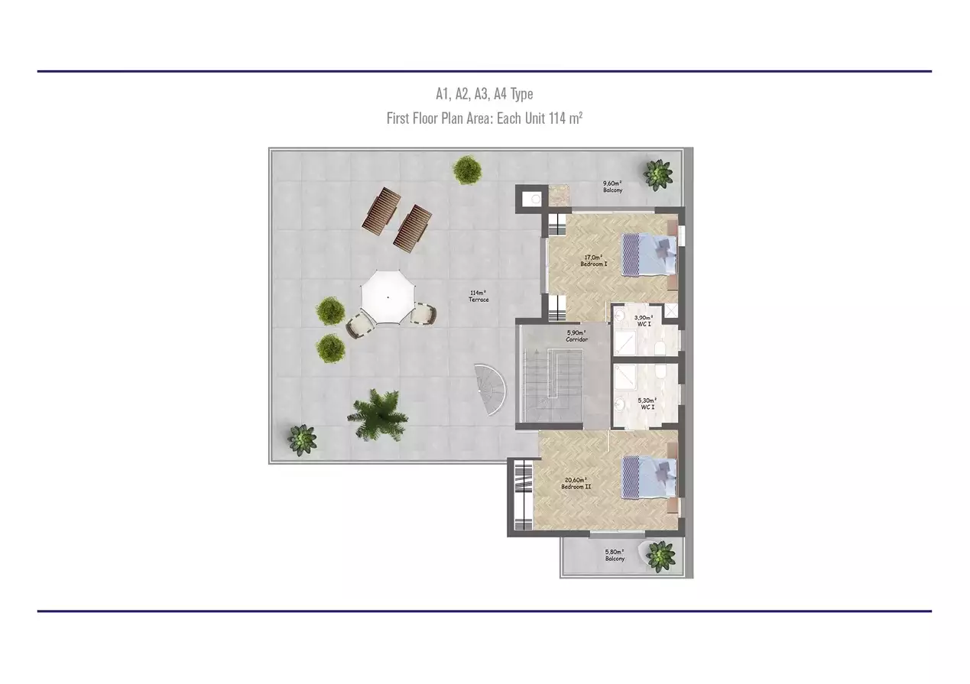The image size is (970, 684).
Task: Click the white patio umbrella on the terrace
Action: click(388, 297)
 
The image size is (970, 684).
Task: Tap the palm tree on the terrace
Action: click(378, 415)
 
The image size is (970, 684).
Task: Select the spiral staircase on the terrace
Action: click(491, 390)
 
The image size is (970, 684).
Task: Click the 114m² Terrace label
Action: click(479, 296)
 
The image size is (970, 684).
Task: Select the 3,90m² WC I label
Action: click(644, 321)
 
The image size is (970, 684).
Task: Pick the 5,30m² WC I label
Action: click(647, 404)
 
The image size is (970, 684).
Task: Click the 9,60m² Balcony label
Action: click(613, 186)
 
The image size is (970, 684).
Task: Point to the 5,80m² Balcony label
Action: click(615, 556)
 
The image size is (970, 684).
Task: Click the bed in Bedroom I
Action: click(650, 254)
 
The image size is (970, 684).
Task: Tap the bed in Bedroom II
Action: click(650, 478)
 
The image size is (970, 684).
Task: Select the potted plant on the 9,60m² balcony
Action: click(658, 174)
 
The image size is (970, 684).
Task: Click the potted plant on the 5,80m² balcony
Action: click(660, 556)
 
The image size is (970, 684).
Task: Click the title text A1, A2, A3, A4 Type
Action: click(485, 93)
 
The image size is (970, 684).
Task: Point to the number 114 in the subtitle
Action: click(558, 118)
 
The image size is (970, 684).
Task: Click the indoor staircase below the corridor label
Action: click(552, 385)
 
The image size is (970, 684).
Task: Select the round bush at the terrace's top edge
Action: click(468, 170)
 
